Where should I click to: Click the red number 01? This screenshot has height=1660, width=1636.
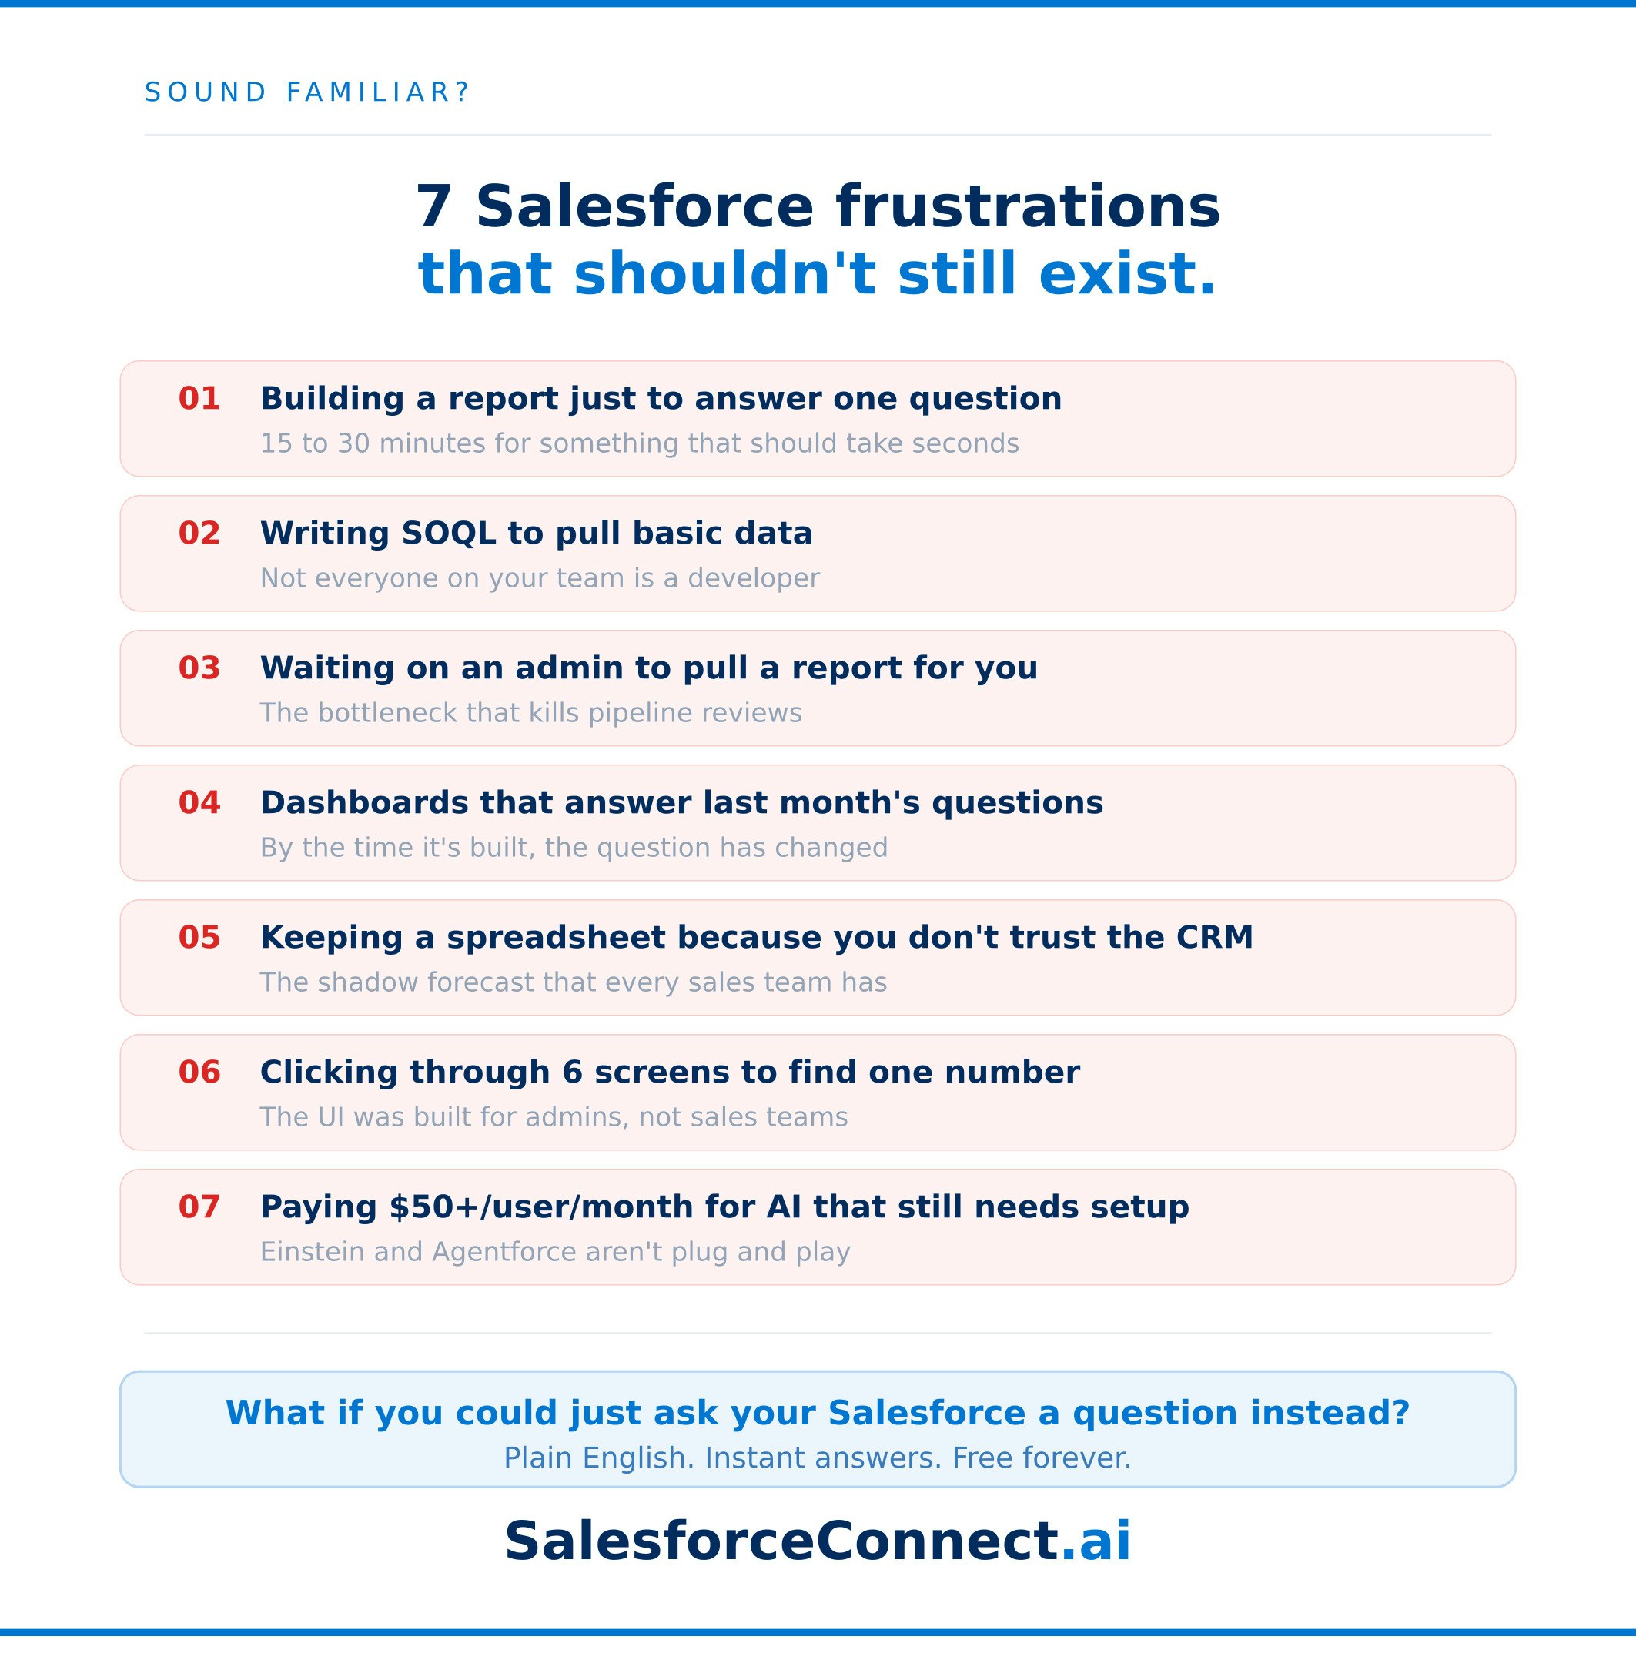(199, 399)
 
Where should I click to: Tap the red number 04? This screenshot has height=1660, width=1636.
(199, 802)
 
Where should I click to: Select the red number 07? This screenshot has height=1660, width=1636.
(199, 1207)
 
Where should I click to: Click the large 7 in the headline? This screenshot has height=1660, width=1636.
(434, 207)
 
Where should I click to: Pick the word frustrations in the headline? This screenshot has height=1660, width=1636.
(1027, 207)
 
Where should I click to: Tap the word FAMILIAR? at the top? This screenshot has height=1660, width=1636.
(378, 92)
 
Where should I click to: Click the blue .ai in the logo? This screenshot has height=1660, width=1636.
(1096, 1541)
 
